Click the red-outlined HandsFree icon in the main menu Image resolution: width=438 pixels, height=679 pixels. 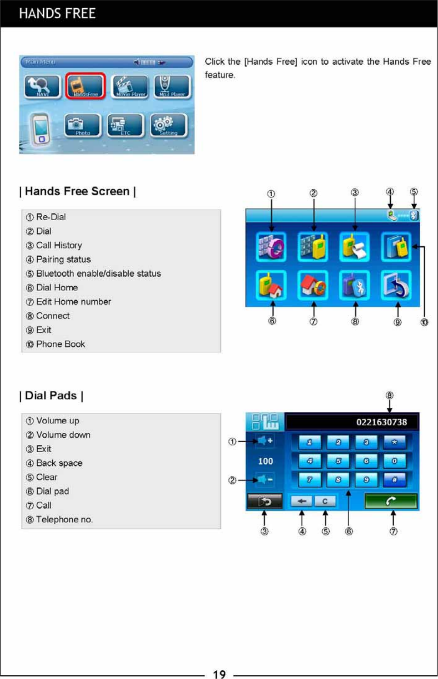[x=85, y=86]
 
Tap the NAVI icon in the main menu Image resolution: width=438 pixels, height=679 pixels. [x=42, y=86]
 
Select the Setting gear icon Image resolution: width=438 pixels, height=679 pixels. [x=168, y=125]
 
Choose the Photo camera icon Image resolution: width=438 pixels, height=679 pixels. [x=83, y=125]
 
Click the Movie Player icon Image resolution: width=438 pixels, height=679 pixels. [x=129, y=86]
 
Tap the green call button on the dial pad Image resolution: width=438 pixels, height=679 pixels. [x=391, y=501]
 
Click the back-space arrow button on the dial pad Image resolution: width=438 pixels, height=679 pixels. [x=302, y=501]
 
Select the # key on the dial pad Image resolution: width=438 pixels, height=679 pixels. [x=394, y=479]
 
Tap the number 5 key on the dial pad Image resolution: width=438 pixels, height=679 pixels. [x=338, y=461]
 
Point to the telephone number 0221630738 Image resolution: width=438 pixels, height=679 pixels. [x=381, y=422]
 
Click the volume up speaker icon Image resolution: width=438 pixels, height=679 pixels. [x=264, y=441]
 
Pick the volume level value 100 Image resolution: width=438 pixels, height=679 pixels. [x=265, y=461]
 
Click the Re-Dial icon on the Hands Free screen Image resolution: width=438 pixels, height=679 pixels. [x=271, y=247]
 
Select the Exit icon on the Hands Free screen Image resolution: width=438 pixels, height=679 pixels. [x=396, y=285]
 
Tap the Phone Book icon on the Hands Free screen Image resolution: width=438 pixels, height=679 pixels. [x=396, y=247]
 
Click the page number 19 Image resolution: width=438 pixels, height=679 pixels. [x=219, y=674]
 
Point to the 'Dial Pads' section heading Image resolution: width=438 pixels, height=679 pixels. [x=51, y=396]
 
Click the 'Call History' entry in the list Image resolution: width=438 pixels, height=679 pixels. [x=59, y=246]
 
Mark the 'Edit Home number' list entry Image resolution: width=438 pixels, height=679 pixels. [x=73, y=302]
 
